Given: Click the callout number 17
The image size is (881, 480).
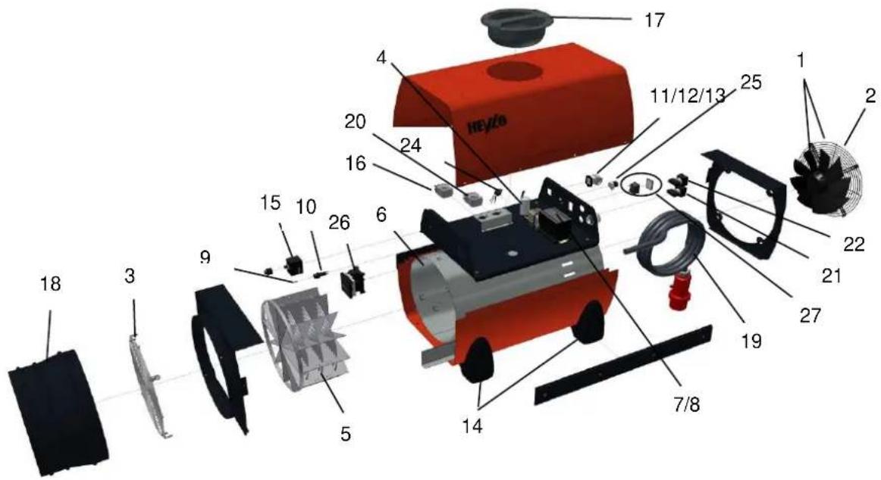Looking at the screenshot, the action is [654, 20].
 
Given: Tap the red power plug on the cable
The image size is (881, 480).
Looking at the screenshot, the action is [681, 288].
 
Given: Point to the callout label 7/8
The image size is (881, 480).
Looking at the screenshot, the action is [686, 404].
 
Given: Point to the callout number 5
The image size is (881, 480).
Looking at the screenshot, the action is [345, 433].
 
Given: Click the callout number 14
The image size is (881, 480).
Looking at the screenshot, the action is [472, 427].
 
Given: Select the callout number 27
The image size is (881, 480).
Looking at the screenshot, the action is [810, 315].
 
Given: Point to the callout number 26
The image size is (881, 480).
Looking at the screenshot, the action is [339, 223].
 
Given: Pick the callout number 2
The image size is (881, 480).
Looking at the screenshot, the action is [870, 96].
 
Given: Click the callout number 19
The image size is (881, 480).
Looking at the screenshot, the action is [752, 340].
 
